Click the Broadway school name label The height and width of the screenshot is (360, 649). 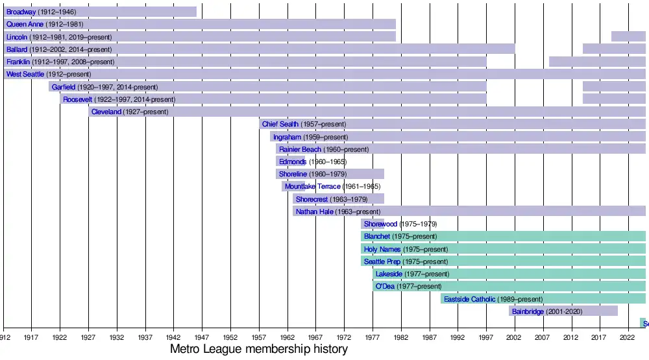21,12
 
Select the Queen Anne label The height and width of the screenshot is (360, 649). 25,25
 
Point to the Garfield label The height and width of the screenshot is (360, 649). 64,87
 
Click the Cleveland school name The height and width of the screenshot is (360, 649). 106,112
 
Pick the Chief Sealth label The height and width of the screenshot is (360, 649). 280,125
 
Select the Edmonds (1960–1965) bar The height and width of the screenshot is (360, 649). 290,162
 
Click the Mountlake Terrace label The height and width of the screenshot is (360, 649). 312,187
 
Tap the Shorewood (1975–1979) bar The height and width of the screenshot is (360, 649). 373,224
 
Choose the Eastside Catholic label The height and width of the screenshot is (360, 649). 469,299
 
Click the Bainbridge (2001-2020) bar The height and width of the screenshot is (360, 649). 563,311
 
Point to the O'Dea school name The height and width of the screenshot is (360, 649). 385,287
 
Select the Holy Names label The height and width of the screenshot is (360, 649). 382,249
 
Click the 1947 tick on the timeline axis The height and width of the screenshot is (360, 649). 202,338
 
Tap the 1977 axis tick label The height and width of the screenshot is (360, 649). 373,338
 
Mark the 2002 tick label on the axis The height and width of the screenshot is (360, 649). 514,338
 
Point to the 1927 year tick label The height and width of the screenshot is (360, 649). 88,338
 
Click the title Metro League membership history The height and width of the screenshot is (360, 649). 258,350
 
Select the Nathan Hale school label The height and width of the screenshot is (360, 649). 314,211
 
